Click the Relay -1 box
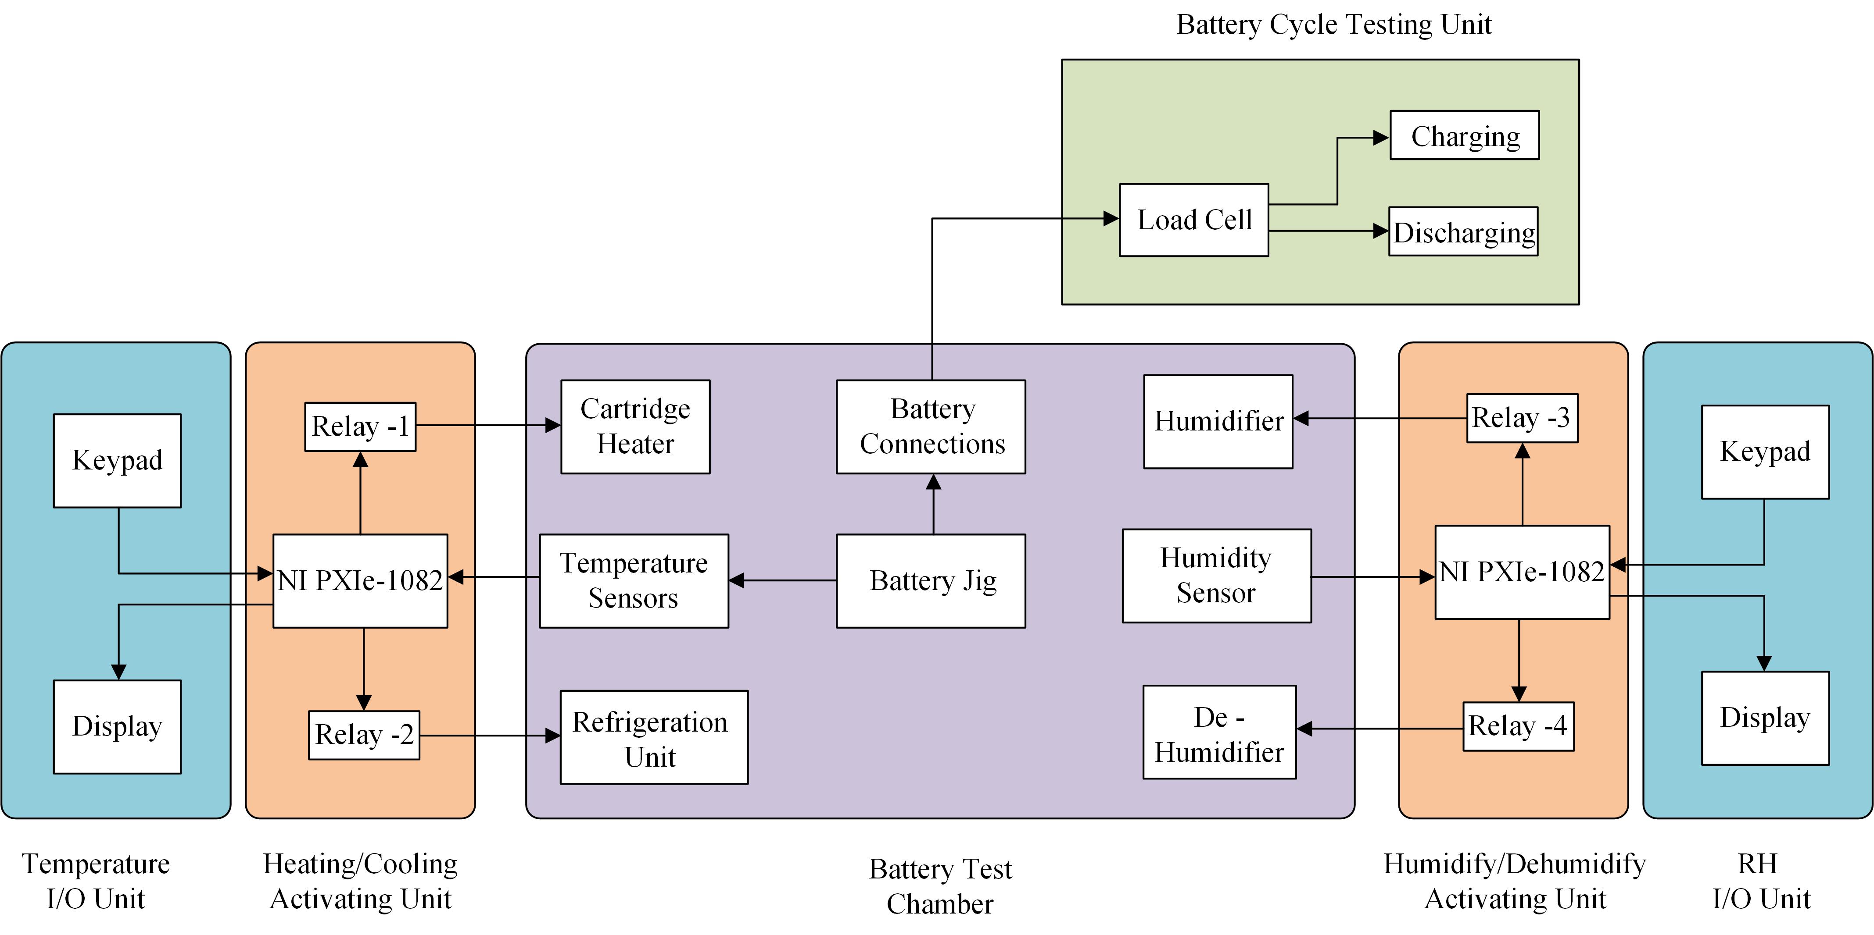pyautogui.click(x=360, y=427)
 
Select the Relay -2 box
pyautogui.click(x=364, y=735)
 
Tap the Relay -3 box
pyautogui.click(x=1522, y=418)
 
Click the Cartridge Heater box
pyautogui.click(x=635, y=427)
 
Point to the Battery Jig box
pyautogui.click(x=931, y=581)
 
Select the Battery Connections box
pyautogui.click(x=931, y=427)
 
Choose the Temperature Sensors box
pyautogui.click(x=634, y=581)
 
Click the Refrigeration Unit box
pyautogui.click(x=653, y=737)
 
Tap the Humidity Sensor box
pyautogui.click(x=1216, y=576)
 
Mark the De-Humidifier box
pyautogui.click(x=1219, y=732)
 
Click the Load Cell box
pyautogui.click(x=1194, y=220)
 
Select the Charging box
pyautogui.click(x=1465, y=135)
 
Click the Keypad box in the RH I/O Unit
pyautogui.click(x=1765, y=452)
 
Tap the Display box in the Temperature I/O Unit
pyautogui.click(x=117, y=726)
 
